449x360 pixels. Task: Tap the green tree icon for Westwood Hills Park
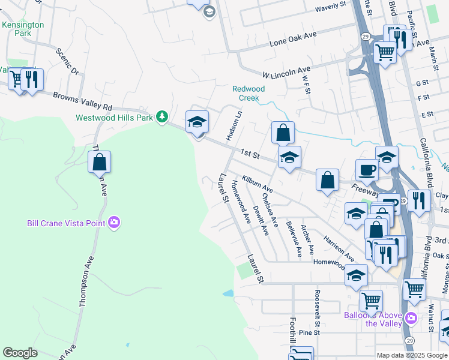pos(161,116)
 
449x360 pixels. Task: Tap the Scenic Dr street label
pos(68,62)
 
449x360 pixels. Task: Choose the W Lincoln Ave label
pos(286,72)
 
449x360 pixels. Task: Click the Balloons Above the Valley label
pos(372,319)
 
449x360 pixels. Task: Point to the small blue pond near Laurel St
pos(228,294)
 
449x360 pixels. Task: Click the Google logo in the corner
pos(20,353)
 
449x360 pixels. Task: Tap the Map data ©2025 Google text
pos(411,355)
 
